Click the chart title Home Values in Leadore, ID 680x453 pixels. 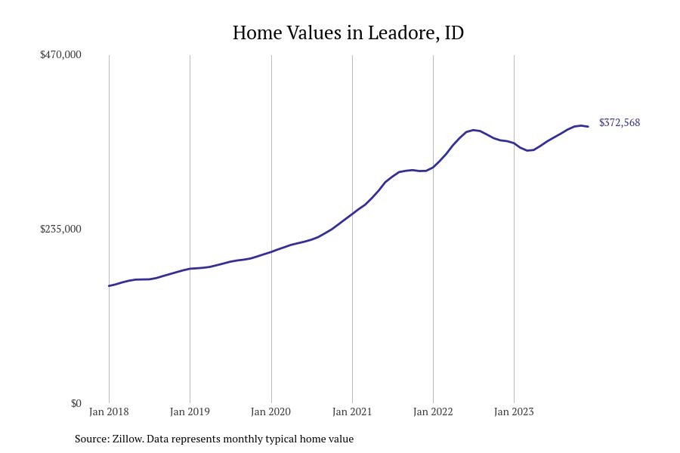pos(348,33)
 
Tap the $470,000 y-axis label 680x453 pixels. pos(60,54)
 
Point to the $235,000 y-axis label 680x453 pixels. pos(60,229)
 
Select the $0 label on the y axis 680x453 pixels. pos(76,403)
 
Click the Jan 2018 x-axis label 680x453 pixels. pos(109,411)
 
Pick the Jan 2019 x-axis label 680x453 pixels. pos(190,411)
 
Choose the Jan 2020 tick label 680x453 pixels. pos(270,411)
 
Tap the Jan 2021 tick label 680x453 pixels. pos(352,411)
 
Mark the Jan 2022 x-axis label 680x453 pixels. pos(433,411)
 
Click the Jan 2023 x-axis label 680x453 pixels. pos(514,411)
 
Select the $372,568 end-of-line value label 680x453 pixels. pos(619,122)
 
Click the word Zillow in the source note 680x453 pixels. pos(127,439)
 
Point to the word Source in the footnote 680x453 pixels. pos(91,439)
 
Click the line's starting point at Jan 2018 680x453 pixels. pos(109,286)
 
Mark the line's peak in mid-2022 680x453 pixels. pos(474,130)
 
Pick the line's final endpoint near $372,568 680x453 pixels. pos(588,127)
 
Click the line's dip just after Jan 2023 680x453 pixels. pos(530,150)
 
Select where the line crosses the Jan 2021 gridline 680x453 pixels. pos(352,214)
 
